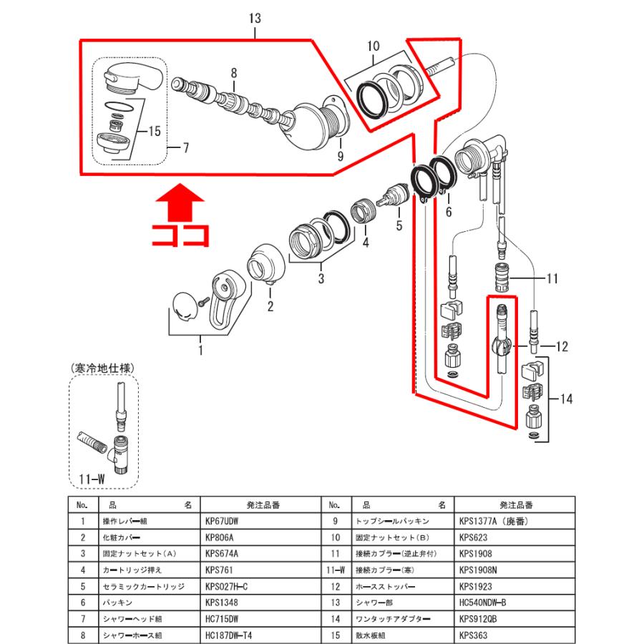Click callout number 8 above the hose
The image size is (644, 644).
tap(233, 72)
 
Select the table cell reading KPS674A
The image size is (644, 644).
tap(222, 553)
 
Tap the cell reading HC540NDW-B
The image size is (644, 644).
tap(485, 602)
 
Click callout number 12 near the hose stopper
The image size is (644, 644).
tap(560, 347)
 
